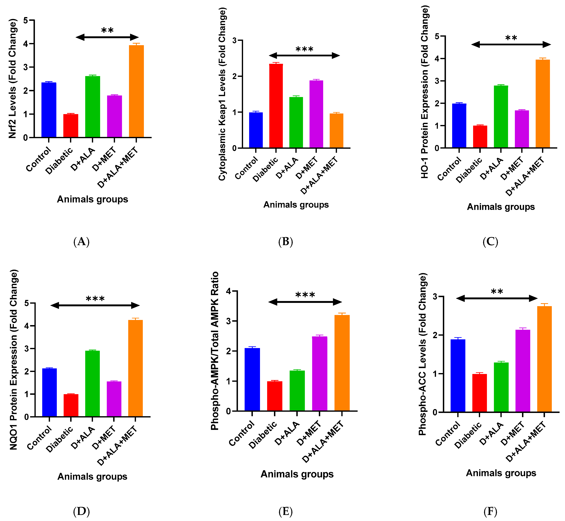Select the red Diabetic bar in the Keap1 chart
276,106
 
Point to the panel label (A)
81,242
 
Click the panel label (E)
286,511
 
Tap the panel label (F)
490,511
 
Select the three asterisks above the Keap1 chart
305,49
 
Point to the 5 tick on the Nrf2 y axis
26,20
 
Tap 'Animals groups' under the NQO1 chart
93,476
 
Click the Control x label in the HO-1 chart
449,169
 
